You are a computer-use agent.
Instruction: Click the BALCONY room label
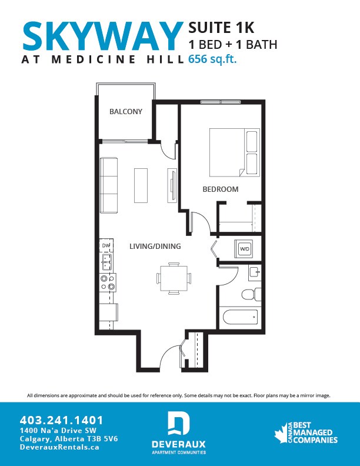coord(126,112)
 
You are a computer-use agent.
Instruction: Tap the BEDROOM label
coord(221,189)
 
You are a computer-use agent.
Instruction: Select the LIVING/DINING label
coord(155,246)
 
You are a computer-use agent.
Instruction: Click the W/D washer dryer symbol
coord(244,249)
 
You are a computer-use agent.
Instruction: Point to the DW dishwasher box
coord(106,245)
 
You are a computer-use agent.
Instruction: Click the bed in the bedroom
coord(235,152)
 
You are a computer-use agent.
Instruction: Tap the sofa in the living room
coord(109,185)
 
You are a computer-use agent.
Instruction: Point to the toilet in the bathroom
coord(249,293)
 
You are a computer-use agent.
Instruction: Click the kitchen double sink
coord(107,259)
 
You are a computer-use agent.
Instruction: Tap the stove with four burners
coord(107,282)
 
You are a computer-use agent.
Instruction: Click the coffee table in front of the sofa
coord(141,185)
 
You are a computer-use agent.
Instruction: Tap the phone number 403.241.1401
coord(62,420)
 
